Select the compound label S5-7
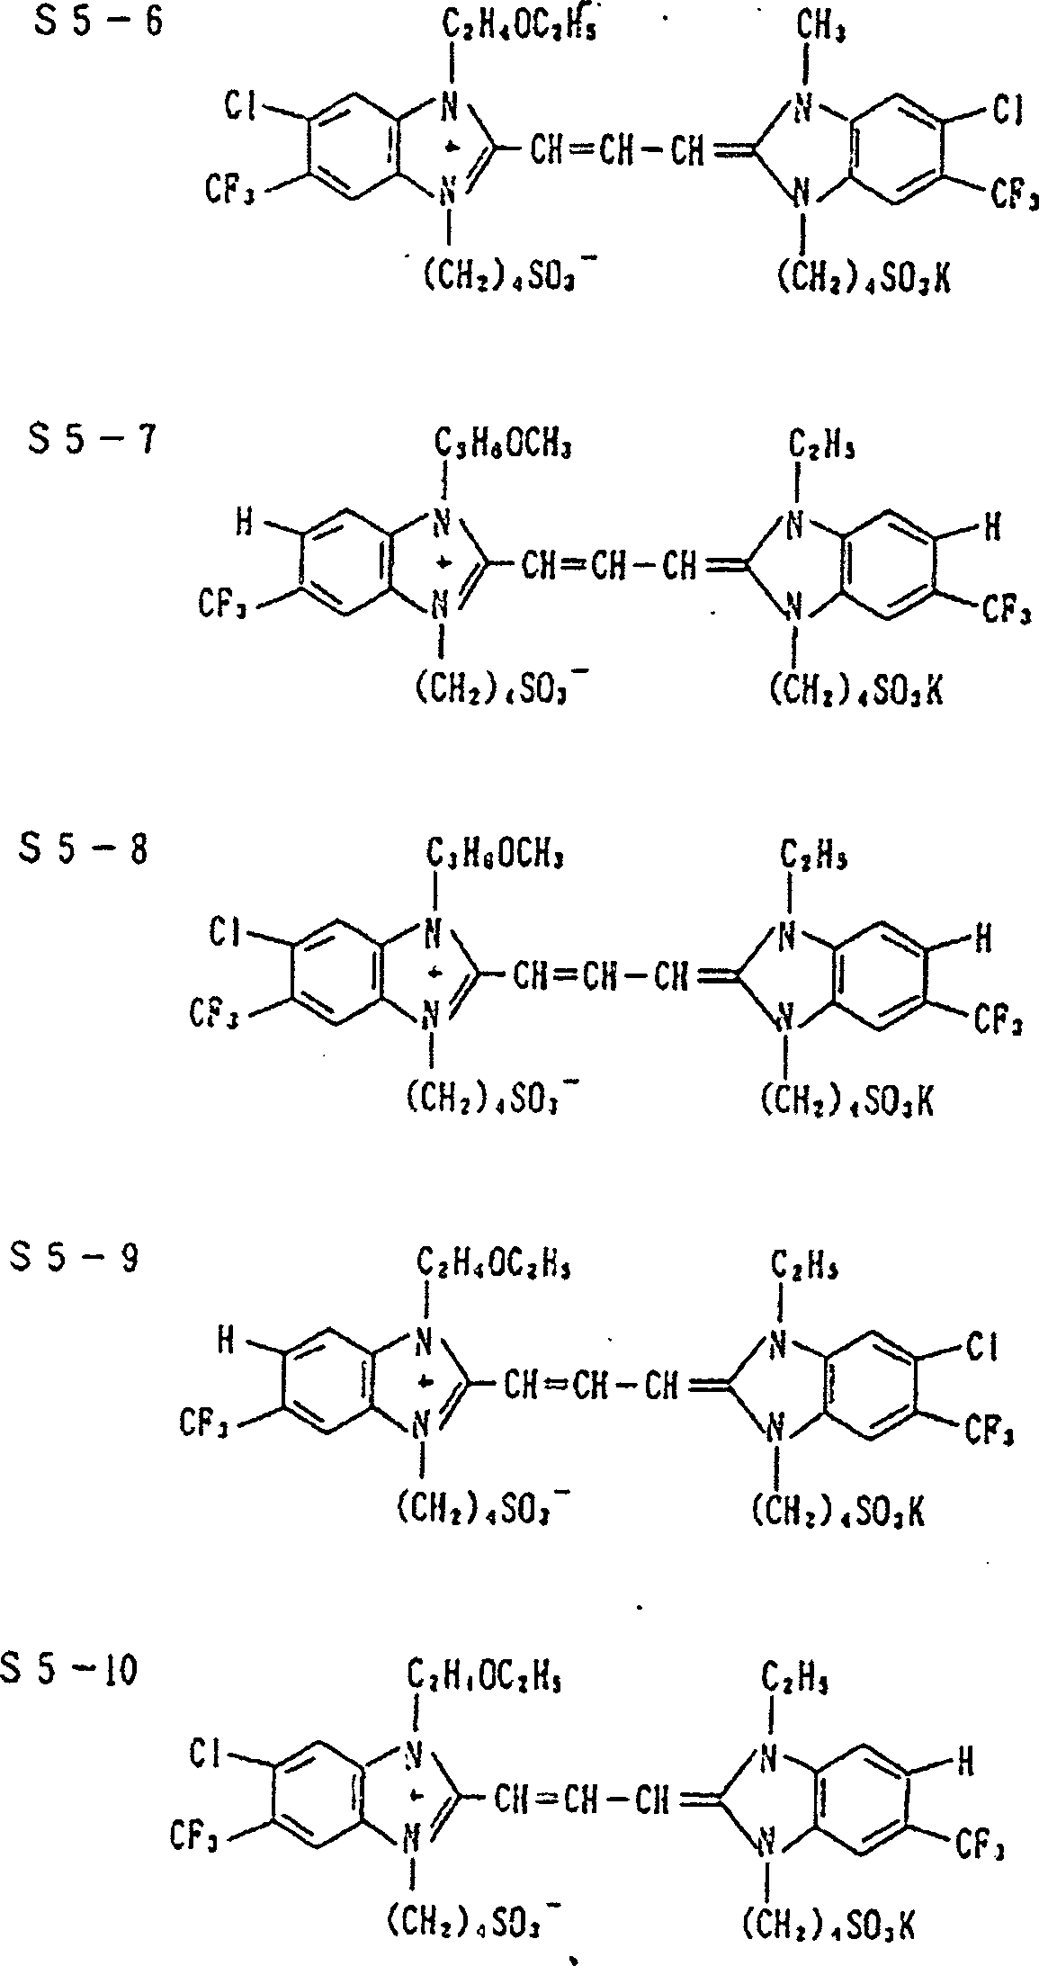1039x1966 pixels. click(91, 444)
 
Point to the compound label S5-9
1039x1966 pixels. click(75, 1259)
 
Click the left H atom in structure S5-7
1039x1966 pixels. click(244, 524)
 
